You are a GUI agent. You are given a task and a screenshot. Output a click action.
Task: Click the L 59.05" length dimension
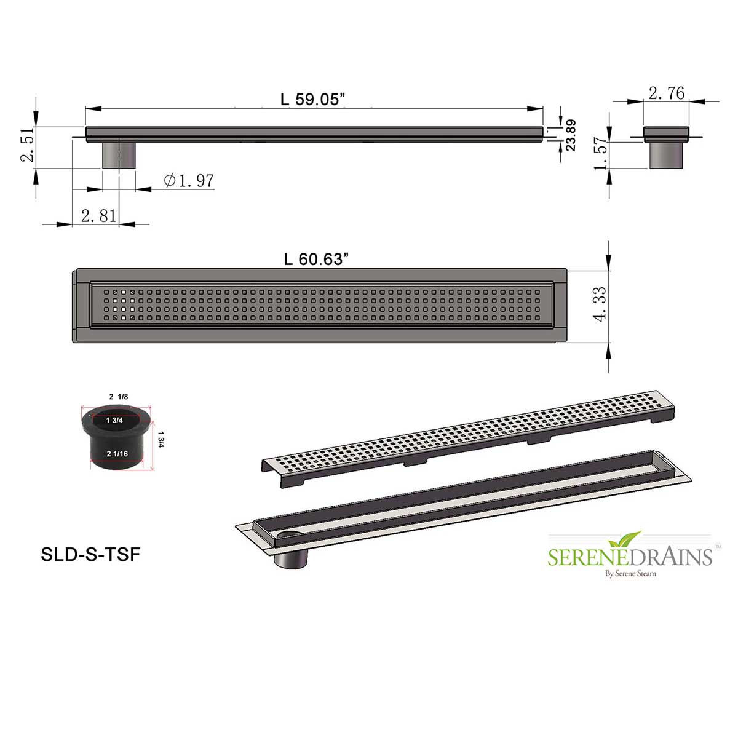[312, 99]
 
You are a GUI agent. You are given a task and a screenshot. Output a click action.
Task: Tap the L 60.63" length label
[316, 260]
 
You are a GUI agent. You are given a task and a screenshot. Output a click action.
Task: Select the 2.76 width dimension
[667, 93]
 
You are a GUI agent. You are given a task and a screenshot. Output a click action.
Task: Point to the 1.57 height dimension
[600, 153]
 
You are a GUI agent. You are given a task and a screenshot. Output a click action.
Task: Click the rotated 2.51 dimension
[28, 145]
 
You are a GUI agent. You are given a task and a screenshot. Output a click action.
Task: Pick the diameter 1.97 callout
[189, 180]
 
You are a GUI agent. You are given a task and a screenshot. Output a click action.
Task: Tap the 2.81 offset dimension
[98, 216]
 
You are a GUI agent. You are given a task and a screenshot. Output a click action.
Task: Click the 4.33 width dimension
[600, 304]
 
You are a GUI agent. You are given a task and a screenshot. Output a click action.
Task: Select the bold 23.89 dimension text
[571, 135]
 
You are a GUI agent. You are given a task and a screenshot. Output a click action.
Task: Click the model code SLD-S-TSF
[91, 554]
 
